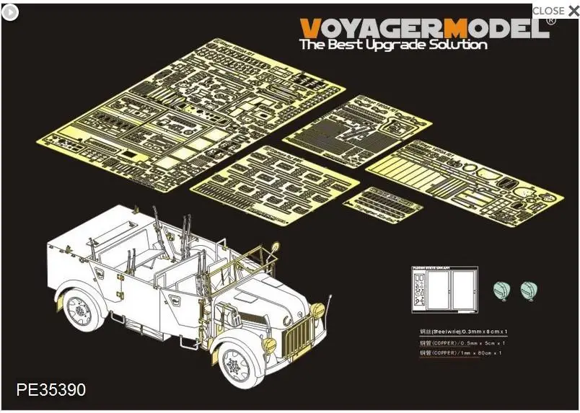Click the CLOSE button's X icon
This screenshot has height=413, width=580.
(x=574, y=11)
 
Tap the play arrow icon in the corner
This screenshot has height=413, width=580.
(x=10, y=12)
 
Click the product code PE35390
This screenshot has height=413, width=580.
(x=50, y=390)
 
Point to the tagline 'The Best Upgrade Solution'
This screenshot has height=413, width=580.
(x=392, y=45)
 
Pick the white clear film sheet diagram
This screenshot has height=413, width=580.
(x=443, y=291)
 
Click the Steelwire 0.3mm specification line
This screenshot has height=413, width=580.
(x=455, y=331)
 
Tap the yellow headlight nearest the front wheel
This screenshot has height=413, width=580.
(x=269, y=345)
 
